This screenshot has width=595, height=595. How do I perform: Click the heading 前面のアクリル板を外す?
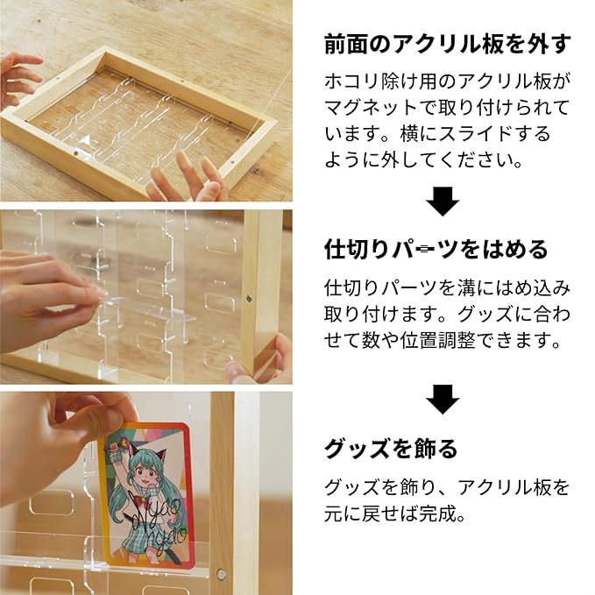[x=448, y=45]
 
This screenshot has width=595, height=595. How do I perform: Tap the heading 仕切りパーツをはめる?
[x=436, y=250]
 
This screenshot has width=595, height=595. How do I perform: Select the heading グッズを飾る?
[x=391, y=449]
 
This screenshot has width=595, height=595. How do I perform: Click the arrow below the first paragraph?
[x=443, y=202]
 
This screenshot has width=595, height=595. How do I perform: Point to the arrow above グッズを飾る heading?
[x=443, y=400]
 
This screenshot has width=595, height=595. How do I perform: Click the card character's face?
[x=145, y=473]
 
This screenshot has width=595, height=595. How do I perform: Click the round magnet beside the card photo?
[x=220, y=575]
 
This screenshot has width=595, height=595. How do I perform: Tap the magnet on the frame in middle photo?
[x=249, y=299]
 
